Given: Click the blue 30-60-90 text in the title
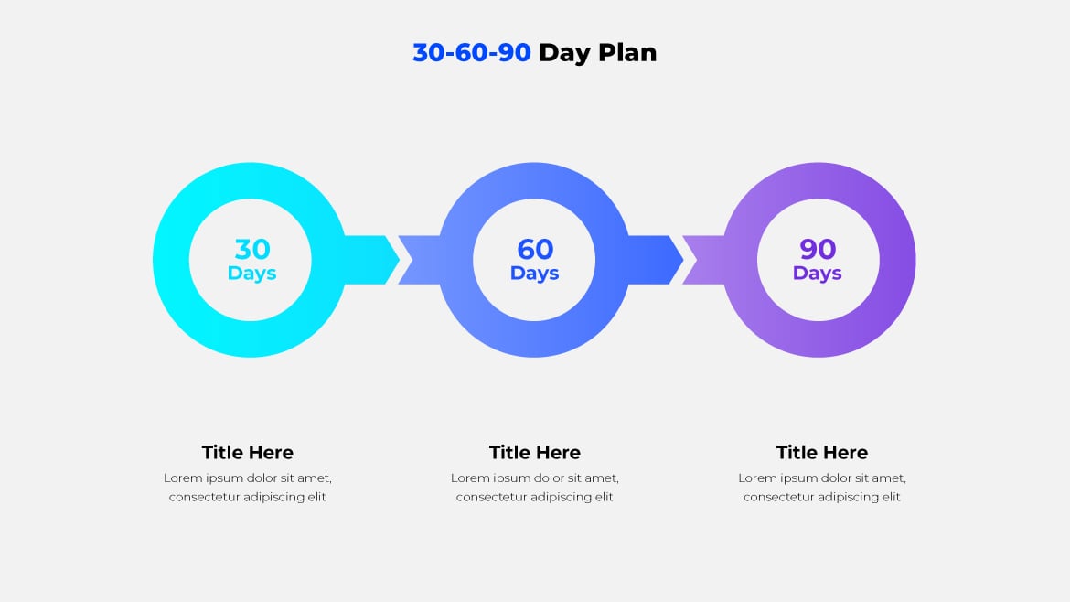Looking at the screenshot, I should click(471, 53).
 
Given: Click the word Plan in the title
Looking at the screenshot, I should click(627, 53).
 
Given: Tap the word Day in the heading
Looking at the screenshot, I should click(564, 53).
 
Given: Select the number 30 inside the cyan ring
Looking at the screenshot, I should click(252, 249).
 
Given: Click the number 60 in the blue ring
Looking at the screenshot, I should click(535, 249).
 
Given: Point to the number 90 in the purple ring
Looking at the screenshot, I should click(818, 249).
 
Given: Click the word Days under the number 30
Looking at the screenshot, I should click(252, 274).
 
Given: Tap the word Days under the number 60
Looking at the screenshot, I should click(535, 274).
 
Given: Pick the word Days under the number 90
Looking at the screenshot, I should click(818, 274).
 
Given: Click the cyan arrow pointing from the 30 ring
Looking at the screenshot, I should click(370, 260).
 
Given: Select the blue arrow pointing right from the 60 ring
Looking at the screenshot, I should click(654, 260).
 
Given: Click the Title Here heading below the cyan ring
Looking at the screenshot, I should click(248, 453).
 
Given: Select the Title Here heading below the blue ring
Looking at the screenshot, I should click(535, 453).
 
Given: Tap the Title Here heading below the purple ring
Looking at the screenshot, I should click(822, 453).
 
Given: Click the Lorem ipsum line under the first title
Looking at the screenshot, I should click(248, 478).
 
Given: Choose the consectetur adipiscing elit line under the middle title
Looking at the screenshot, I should click(535, 497).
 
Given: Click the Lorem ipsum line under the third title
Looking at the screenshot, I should click(822, 478).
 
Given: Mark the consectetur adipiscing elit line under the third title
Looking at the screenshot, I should click(822, 497).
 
